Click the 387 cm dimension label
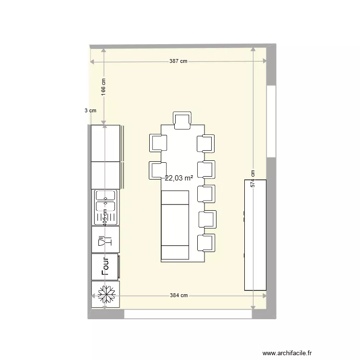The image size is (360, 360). [x=178, y=61]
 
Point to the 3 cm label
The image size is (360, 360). [x=90, y=110]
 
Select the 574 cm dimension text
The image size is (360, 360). [x=252, y=179]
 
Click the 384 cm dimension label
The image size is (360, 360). [x=179, y=296]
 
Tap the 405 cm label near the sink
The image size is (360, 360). [x=104, y=216]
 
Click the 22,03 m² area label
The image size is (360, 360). [x=179, y=178]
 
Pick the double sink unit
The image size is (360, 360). [x=106, y=207]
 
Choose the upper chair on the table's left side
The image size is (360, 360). [x=158, y=143]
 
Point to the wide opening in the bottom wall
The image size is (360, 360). [x=188, y=314]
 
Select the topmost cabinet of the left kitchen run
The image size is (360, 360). [x=106, y=143]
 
